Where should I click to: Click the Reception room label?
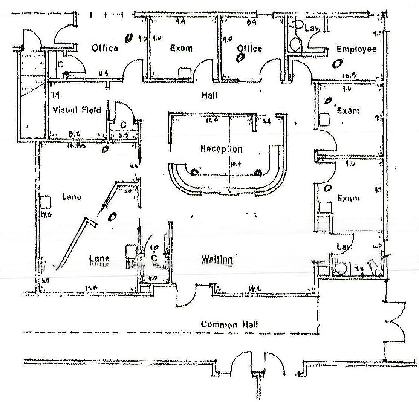tap(221, 149)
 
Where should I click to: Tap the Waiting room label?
tap(216, 260)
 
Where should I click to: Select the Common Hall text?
tap(229, 324)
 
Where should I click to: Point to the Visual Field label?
tap(77, 110)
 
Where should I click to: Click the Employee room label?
tap(356, 49)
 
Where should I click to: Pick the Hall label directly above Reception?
tap(209, 96)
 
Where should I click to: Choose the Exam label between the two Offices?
tap(181, 48)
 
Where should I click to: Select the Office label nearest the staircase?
tap(105, 48)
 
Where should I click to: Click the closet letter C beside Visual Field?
tap(123, 125)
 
